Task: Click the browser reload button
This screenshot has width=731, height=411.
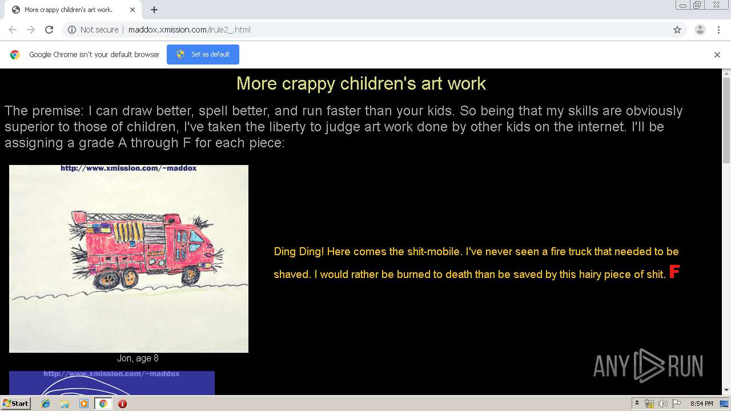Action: (x=49, y=30)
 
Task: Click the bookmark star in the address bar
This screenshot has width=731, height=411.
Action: (x=677, y=30)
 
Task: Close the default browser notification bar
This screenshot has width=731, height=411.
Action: (x=717, y=55)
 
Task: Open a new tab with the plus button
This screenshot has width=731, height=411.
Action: (x=154, y=10)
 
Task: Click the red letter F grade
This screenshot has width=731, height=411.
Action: (x=674, y=272)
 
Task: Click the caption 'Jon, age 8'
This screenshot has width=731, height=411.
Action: (x=138, y=358)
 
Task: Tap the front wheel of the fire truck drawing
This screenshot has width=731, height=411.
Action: (x=191, y=276)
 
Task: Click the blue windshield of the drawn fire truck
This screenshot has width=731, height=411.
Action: (x=196, y=236)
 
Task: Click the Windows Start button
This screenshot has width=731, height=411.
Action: (x=15, y=404)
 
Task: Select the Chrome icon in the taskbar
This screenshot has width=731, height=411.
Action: (x=103, y=404)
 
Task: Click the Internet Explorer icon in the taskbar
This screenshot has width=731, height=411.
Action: (x=46, y=404)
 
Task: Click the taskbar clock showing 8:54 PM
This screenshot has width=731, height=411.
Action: (x=701, y=404)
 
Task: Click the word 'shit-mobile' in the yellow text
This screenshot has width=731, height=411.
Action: (x=433, y=252)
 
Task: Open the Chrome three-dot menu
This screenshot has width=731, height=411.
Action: (x=718, y=30)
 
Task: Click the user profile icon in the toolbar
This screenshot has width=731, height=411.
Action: (x=700, y=30)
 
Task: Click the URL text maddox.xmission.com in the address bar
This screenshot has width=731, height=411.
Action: (x=167, y=30)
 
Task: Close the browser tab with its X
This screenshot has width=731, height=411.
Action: (x=132, y=10)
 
